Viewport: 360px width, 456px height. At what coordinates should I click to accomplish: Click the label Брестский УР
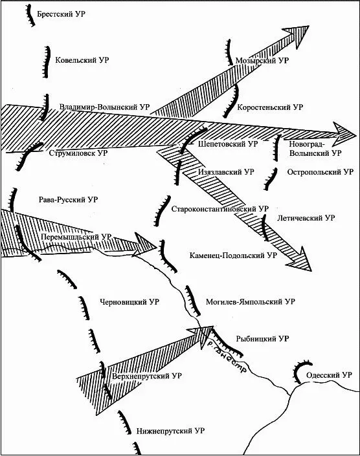[61, 14]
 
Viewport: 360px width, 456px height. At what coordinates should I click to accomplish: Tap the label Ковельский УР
[82, 60]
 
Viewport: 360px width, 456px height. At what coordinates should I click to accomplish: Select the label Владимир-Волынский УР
[104, 107]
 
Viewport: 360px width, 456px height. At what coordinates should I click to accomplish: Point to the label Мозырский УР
[262, 61]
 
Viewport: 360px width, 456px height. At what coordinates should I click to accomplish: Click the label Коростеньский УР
[270, 107]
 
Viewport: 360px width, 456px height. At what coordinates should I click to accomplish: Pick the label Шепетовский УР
[228, 144]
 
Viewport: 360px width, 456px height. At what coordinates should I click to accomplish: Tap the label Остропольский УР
[321, 172]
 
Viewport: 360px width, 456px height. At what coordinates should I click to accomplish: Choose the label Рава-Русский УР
[68, 200]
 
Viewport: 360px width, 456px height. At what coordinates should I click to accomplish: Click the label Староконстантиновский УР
[219, 209]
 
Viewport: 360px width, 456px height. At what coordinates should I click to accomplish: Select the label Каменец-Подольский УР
[233, 255]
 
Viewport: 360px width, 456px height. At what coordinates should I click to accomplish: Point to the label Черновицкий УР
[129, 302]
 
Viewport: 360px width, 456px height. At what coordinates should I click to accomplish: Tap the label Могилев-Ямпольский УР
[251, 302]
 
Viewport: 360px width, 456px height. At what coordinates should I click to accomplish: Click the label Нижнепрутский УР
[170, 431]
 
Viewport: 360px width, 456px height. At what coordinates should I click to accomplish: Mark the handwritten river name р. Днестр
[225, 356]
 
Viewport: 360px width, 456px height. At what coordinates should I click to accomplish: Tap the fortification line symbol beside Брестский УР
[30, 15]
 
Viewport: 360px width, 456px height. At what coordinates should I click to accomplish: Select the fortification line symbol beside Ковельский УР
[46, 62]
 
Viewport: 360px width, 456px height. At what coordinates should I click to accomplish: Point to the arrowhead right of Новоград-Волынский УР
[343, 134]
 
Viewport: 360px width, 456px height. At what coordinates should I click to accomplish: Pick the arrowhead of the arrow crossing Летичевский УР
[300, 260]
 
